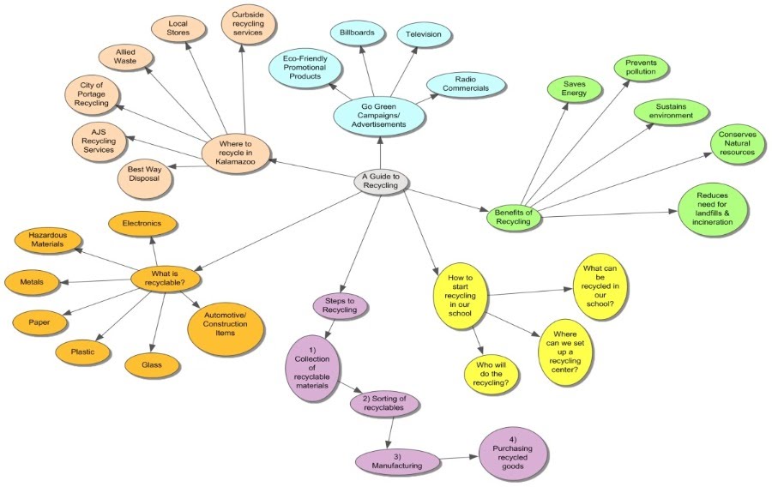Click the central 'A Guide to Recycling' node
point(382,181)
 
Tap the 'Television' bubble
point(425,34)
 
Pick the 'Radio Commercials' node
point(466,83)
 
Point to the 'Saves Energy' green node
point(574,87)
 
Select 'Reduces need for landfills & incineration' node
point(713,209)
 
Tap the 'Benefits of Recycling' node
point(514,216)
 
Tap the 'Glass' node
point(152,365)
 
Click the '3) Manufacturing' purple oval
point(389,460)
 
